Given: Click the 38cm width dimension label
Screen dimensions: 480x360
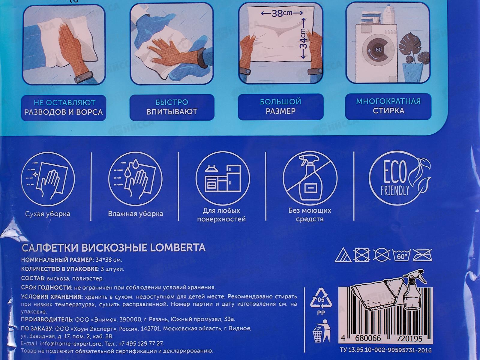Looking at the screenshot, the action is (282, 13).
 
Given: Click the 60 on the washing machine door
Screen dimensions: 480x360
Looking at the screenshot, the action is (378, 49).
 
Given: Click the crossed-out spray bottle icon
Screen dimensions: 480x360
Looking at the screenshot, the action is (310, 178).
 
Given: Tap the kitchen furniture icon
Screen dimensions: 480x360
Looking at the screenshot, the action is (223, 178).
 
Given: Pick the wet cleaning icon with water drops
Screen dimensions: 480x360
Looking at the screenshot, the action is (135, 178).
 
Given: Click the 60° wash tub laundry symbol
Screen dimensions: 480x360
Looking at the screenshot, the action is (401, 255).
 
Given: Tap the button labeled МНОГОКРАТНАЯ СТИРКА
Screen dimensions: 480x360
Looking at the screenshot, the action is (388, 106).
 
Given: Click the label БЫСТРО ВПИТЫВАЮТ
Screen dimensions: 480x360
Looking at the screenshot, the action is (172, 107).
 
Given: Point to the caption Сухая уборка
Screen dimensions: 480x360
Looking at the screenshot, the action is (48, 214).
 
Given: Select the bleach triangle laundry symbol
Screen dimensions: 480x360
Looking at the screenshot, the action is (343, 256).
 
